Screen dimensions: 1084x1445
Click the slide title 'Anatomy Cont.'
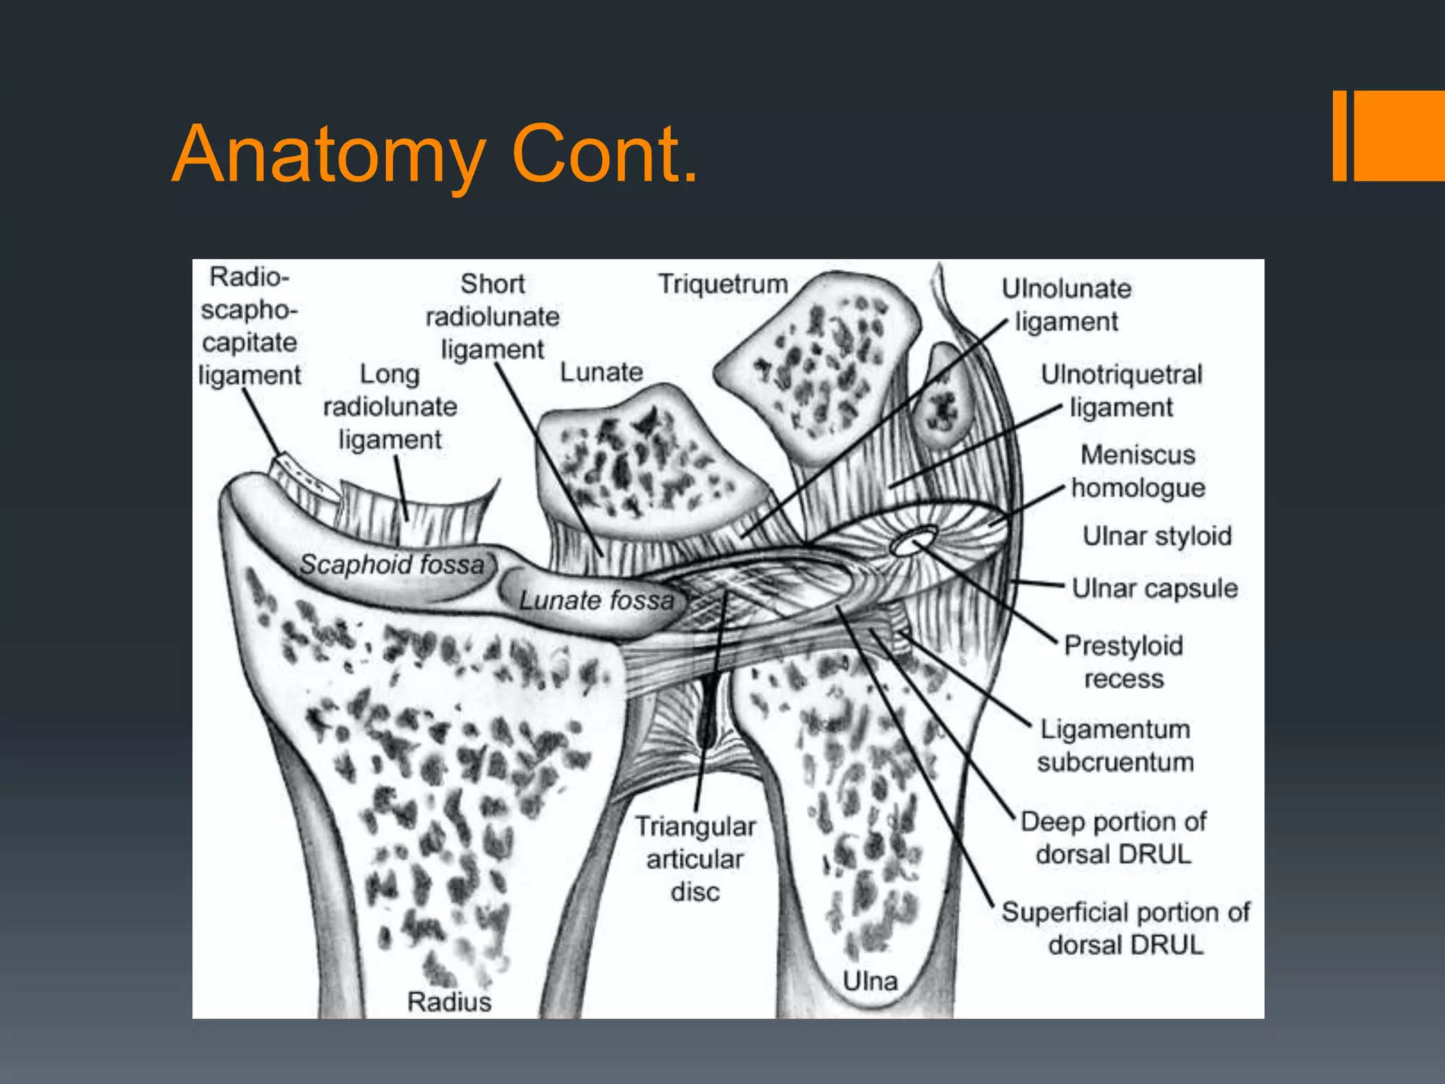click(x=435, y=153)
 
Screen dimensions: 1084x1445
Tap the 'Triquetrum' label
click(x=722, y=284)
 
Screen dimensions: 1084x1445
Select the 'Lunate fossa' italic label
click(x=596, y=600)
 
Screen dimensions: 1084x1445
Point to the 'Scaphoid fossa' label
click(x=392, y=564)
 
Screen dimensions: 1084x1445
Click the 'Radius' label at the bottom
click(x=449, y=1001)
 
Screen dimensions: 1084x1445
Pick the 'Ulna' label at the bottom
click(x=870, y=981)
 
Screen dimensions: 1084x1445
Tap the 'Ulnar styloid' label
click(x=1157, y=536)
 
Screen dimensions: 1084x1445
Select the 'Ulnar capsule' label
click(x=1154, y=588)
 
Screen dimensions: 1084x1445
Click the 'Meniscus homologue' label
click(x=1138, y=471)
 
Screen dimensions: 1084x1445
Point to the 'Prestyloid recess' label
click(x=1123, y=661)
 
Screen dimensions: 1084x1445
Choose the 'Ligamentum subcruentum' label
click(x=1115, y=745)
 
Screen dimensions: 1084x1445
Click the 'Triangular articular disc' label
click(x=695, y=859)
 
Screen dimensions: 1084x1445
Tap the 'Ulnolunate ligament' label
click(x=1066, y=305)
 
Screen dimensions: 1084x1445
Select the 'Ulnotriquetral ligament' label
click(x=1121, y=390)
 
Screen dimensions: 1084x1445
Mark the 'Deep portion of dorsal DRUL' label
click(x=1113, y=838)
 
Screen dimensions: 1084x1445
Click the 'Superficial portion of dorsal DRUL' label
click(x=1125, y=928)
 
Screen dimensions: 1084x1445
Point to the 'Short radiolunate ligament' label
click(x=492, y=317)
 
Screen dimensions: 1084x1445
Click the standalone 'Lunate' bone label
click(x=601, y=372)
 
